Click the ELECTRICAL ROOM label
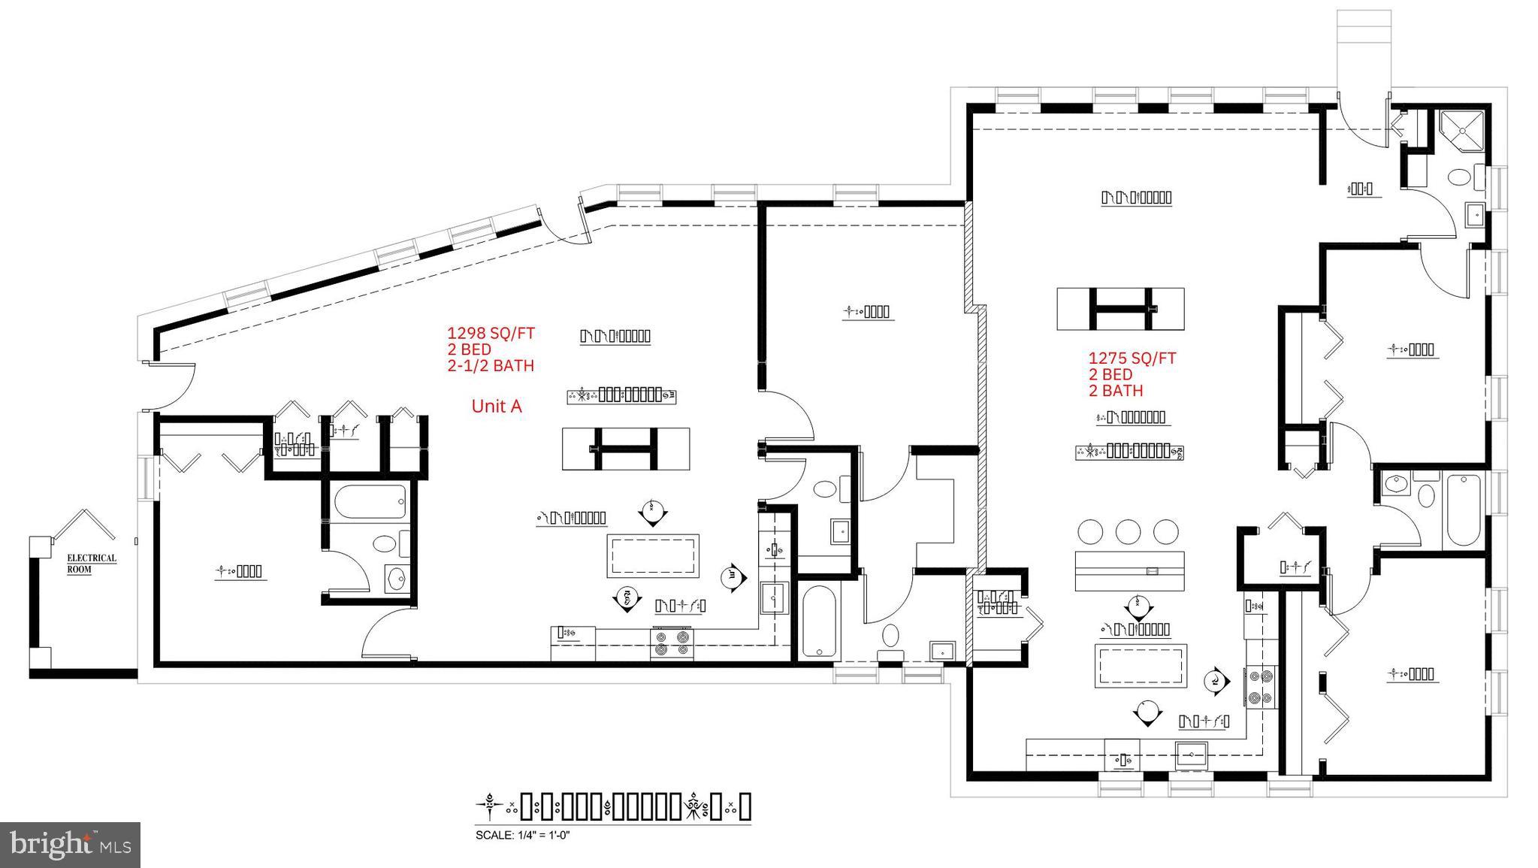coord(91,563)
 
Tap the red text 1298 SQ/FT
coord(490,333)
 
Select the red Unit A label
coord(496,406)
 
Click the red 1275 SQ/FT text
coord(1132,358)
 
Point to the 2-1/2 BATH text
coord(490,366)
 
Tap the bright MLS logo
coord(70,845)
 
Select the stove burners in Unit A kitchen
coord(672,644)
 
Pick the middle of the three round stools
coord(1128,531)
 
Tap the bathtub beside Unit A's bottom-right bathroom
coord(818,622)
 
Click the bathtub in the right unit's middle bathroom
coord(1461,510)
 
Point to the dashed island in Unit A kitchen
coord(653,555)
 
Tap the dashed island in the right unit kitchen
coord(1141,665)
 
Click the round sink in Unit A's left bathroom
coord(395,578)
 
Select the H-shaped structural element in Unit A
coord(626,449)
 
